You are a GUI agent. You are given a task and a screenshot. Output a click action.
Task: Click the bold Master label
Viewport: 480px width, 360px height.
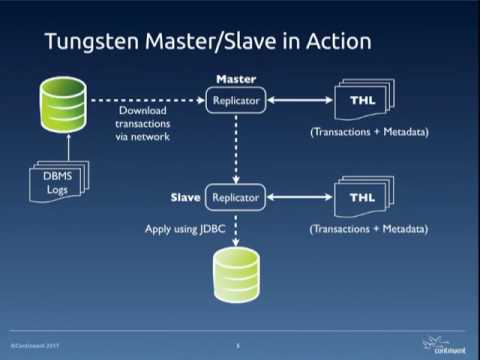pyautogui.click(x=237, y=79)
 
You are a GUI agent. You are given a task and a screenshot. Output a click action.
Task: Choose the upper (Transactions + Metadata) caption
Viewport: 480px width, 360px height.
pyautogui.click(x=368, y=132)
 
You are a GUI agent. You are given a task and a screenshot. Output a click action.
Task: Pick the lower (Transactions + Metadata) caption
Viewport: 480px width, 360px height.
pyautogui.click(x=368, y=229)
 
